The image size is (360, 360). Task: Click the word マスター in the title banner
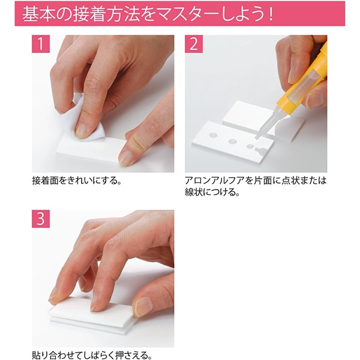coord(194,14)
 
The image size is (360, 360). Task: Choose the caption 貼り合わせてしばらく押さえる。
coord(89,355)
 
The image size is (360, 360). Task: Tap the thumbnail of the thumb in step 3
coord(143,307)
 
